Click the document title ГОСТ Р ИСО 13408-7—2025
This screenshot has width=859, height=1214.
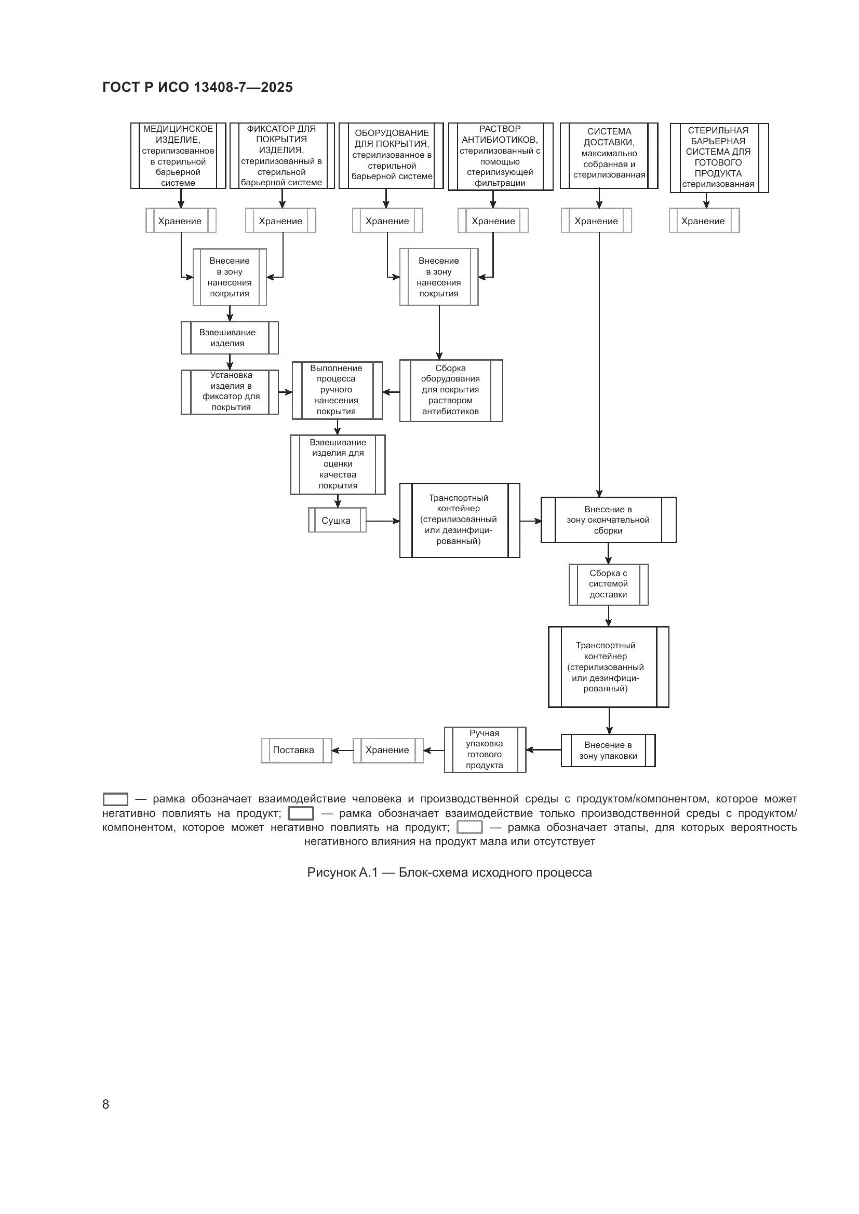197,87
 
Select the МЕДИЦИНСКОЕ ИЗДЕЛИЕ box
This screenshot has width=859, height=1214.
178,156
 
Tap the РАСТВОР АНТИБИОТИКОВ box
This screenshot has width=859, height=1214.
500,156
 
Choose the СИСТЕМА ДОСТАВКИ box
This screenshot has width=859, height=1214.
609,156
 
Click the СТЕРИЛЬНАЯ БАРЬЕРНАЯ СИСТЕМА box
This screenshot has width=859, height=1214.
718,157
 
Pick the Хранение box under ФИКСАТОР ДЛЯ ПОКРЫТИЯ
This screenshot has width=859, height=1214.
280,221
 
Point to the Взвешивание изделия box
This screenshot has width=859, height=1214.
229,338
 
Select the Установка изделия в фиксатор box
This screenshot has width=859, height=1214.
230,391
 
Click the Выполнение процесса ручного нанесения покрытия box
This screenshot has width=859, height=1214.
337,390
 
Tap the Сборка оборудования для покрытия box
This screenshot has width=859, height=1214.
451,390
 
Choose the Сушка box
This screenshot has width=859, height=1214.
337,520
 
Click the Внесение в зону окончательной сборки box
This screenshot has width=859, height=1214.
608,520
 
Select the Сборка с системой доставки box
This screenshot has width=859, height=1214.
608,584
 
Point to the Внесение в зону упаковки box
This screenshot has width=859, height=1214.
608,751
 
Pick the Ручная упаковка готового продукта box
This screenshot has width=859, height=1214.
485,749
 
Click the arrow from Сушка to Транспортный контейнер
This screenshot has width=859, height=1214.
382,521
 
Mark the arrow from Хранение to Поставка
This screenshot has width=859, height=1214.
342,751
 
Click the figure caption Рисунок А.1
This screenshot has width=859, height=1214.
449,872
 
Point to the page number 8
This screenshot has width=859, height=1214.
106,1104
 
